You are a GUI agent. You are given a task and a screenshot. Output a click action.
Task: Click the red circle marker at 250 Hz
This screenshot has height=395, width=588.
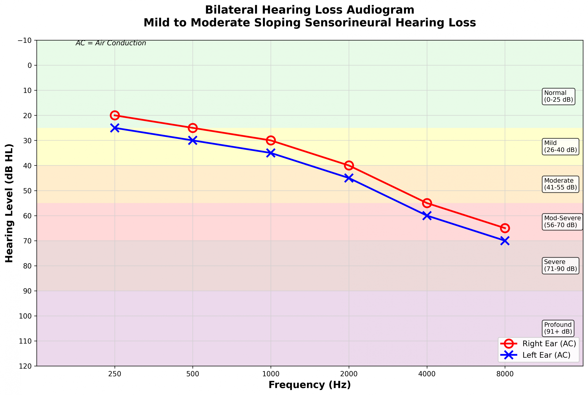click(x=114, y=115)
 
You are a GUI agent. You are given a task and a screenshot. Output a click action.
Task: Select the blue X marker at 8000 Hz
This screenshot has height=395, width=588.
click(x=505, y=241)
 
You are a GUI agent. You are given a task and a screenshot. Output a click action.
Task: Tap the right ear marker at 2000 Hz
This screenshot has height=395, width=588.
click(x=349, y=166)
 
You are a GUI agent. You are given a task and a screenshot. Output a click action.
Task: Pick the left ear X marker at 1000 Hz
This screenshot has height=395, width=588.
click(x=271, y=153)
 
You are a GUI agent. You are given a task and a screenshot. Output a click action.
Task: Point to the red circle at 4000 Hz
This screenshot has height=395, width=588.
click(x=427, y=203)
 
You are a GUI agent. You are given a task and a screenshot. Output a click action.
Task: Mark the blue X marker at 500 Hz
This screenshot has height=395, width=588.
click(x=192, y=140)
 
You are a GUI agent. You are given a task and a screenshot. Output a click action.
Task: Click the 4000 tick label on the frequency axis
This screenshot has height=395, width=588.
click(x=427, y=374)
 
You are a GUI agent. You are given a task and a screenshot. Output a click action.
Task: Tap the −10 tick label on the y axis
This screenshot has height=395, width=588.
click(x=25, y=40)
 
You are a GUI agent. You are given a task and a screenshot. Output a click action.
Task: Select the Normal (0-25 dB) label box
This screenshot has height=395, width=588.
click(x=558, y=96)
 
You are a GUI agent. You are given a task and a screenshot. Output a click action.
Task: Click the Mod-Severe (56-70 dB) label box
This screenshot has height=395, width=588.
click(x=562, y=222)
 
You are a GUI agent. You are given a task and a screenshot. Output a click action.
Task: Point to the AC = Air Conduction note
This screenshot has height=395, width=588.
click(x=111, y=43)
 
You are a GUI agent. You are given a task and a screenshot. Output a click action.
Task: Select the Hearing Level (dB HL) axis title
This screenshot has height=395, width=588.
click(x=9, y=203)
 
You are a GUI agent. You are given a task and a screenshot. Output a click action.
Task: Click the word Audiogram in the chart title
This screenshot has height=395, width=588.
click(x=380, y=10)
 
